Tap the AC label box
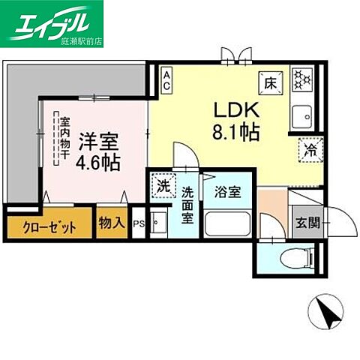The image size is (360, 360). (x=166, y=79)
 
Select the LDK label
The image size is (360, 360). (x=229, y=110)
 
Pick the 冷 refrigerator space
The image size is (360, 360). (x=308, y=149)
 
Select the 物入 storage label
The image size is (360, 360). (x=111, y=223)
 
